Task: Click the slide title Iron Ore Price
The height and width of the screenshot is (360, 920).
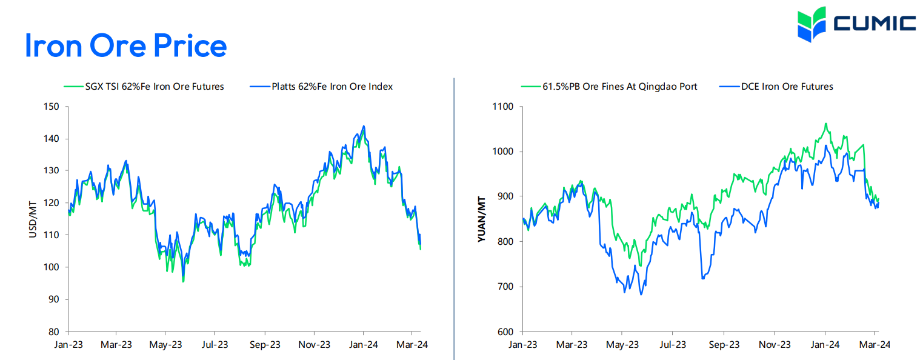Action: pos(126,45)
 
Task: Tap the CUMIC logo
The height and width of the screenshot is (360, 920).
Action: pos(856,24)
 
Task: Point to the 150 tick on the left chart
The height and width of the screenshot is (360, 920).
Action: pos(53,107)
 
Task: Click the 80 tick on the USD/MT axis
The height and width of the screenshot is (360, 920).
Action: pos(55,332)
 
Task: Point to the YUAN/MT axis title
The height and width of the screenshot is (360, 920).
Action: pos(482,219)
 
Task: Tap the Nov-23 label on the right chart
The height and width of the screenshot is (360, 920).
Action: pos(775,345)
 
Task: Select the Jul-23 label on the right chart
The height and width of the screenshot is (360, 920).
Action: pos(673,345)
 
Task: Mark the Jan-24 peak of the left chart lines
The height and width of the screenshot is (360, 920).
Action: pos(364,126)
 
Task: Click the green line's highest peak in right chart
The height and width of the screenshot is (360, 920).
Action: pos(825,124)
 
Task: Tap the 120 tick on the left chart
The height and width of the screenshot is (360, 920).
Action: pos(53,203)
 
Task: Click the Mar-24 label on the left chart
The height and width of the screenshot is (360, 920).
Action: pos(412,345)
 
